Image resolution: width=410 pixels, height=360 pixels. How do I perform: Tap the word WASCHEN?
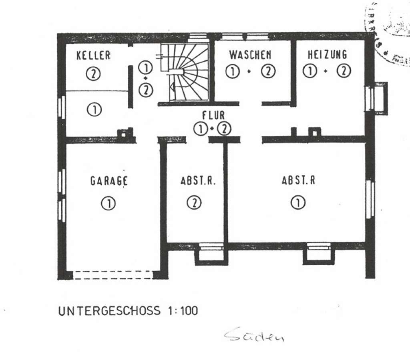250,54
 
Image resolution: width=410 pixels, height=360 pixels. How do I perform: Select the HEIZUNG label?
327,54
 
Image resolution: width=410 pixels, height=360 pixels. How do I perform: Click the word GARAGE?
109,181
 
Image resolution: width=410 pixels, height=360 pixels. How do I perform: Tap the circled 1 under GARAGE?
108,203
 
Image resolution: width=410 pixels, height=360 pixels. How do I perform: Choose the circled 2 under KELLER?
93,74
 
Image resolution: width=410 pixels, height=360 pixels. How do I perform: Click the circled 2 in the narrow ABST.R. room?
194,203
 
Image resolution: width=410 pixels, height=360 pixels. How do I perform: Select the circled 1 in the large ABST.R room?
298,203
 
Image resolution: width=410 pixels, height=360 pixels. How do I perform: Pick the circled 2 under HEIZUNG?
344,71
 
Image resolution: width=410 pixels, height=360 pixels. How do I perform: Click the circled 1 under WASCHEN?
233,71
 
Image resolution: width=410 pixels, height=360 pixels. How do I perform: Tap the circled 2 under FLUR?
225,129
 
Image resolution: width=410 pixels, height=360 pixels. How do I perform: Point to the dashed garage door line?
113,275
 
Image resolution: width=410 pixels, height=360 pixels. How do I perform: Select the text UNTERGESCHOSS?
109,311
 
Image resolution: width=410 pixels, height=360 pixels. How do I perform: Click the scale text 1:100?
181,311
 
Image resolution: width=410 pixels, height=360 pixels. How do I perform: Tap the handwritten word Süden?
254,336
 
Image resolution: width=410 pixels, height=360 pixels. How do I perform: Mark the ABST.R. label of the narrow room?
198,180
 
